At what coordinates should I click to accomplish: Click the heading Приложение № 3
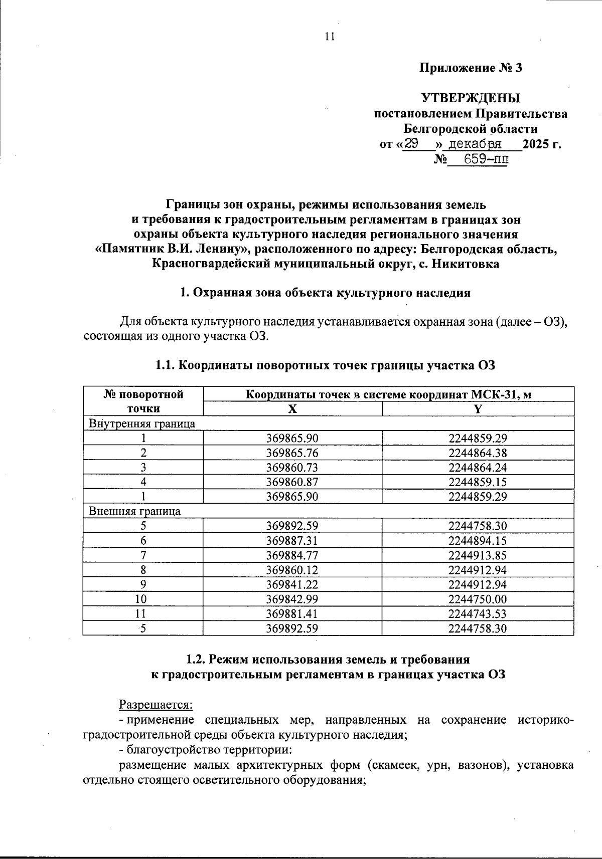[471, 68]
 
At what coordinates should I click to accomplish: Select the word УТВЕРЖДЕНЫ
[471, 98]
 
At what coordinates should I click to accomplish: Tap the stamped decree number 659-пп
[485, 160]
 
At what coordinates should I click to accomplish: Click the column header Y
[478, 409]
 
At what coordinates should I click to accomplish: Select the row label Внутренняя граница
[142, 423]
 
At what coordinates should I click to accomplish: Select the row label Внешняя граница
[134, 511]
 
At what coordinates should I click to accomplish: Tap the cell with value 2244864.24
[478, 468]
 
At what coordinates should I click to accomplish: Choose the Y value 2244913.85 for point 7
[478, 555]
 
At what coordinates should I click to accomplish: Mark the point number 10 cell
[143, 599]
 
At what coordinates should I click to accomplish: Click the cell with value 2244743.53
[478, 613]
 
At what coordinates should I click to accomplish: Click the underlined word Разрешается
[156, 704]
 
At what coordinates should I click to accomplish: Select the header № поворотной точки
[143, 401]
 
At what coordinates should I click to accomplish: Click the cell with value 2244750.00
[478, 599]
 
